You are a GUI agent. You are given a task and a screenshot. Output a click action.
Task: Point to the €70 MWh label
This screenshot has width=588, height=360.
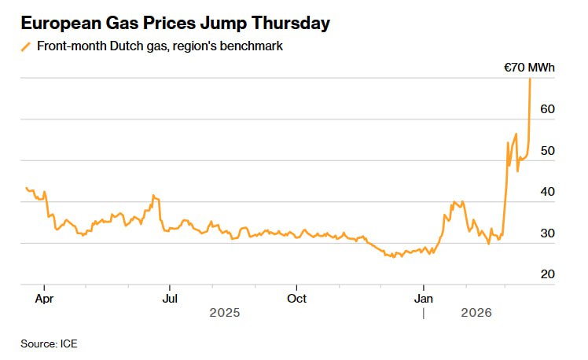point(529,68)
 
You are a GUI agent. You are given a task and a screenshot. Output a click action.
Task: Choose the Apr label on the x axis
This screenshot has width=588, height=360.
point(44,299)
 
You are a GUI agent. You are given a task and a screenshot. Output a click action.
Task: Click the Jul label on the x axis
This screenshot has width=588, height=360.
point(169,299)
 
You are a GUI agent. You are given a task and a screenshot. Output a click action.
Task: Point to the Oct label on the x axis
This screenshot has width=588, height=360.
point(296,299)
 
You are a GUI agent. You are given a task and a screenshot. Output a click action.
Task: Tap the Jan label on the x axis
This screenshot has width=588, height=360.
point(424,299)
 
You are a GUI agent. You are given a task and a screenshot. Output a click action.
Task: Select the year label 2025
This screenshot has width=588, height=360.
point(225,313)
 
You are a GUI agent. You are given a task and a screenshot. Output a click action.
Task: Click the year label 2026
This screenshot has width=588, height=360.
point(476,313)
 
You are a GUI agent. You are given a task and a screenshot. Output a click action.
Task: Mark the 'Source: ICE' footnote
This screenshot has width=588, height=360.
point(49,343)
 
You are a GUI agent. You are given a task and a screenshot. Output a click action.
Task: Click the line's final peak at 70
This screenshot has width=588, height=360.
point(530,79)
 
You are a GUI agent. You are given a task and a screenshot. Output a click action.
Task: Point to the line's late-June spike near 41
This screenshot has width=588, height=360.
point(153,196)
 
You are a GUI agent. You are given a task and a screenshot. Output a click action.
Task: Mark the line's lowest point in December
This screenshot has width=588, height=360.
point(393,257)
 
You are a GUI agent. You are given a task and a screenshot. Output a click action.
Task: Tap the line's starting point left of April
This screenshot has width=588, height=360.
point(26,188)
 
